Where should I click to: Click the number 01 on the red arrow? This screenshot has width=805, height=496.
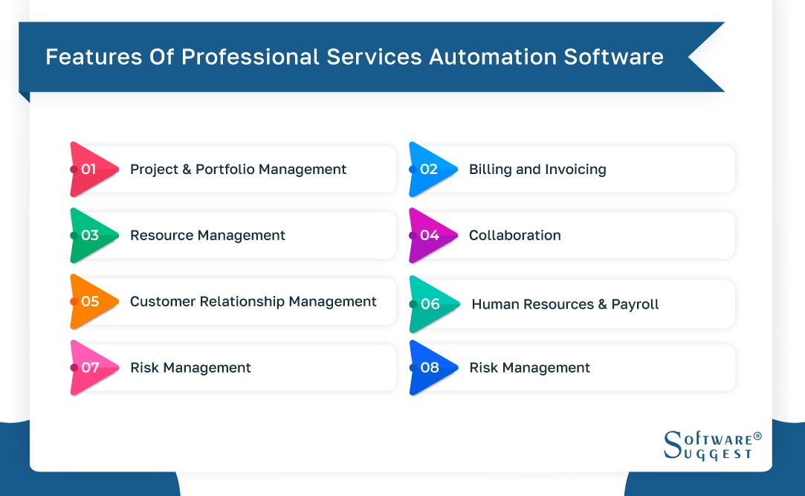(x=89, y=170)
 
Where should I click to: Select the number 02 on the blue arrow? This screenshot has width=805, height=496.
(x=429, y=170)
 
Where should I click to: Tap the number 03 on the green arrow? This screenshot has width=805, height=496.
(x=90, y=236)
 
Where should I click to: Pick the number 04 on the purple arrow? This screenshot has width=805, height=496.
(x=430, y=236)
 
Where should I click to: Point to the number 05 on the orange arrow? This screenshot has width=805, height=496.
(x=90, y=302)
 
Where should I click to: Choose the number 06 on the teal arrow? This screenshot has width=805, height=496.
(x=430, y=304)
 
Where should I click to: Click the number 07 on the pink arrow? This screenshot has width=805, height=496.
(x=90, y=368)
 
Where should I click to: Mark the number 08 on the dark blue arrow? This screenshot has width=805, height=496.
(x=430, y=368)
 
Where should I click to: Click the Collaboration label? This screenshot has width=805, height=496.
(x=514, y=236)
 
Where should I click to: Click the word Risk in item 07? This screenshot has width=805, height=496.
(x=143, y=368)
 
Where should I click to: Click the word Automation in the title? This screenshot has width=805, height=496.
(x=483, y=57)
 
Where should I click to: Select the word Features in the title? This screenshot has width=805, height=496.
(x=86, y=57)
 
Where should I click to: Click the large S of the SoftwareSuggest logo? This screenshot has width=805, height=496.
(x=673, y=444)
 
